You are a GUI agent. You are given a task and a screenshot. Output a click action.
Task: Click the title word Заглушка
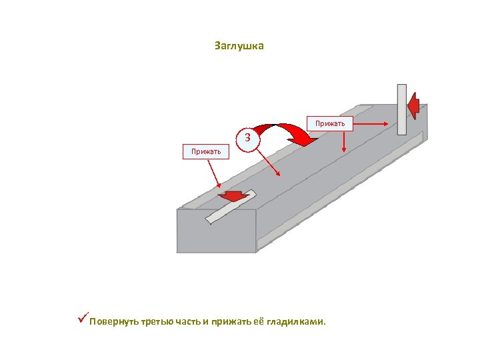(x=239, y=46)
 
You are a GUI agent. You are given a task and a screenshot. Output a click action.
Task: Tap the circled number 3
(x=248, y=139)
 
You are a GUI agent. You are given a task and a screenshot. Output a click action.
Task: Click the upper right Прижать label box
(x=330, y=123)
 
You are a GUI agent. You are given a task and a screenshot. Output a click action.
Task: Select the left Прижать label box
(x=206, y=151)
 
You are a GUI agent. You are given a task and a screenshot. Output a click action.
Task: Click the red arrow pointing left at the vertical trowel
(x=414, y=105)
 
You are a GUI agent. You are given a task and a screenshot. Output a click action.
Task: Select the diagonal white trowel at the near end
(x=229, y=207)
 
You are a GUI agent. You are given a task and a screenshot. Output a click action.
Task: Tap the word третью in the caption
(x=157, y=322)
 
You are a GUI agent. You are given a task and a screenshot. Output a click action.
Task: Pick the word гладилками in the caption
(x=297, y=322)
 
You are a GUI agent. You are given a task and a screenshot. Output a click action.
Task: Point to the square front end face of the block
(x=216, y=231)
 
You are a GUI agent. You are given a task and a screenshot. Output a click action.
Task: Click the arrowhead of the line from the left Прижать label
(x=221, y=190)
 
